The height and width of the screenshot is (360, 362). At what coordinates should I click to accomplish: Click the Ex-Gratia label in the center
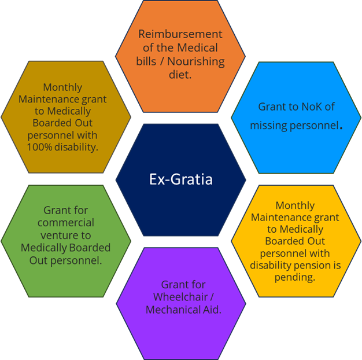[180, 179]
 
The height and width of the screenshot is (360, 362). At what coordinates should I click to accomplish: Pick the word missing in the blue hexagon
[268, 125]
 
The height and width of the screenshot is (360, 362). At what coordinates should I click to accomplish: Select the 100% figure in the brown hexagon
[39, 146]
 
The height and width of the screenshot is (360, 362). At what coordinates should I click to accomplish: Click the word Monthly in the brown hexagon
[62, 87]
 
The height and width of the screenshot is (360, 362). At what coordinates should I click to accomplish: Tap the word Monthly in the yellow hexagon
[295, 205]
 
